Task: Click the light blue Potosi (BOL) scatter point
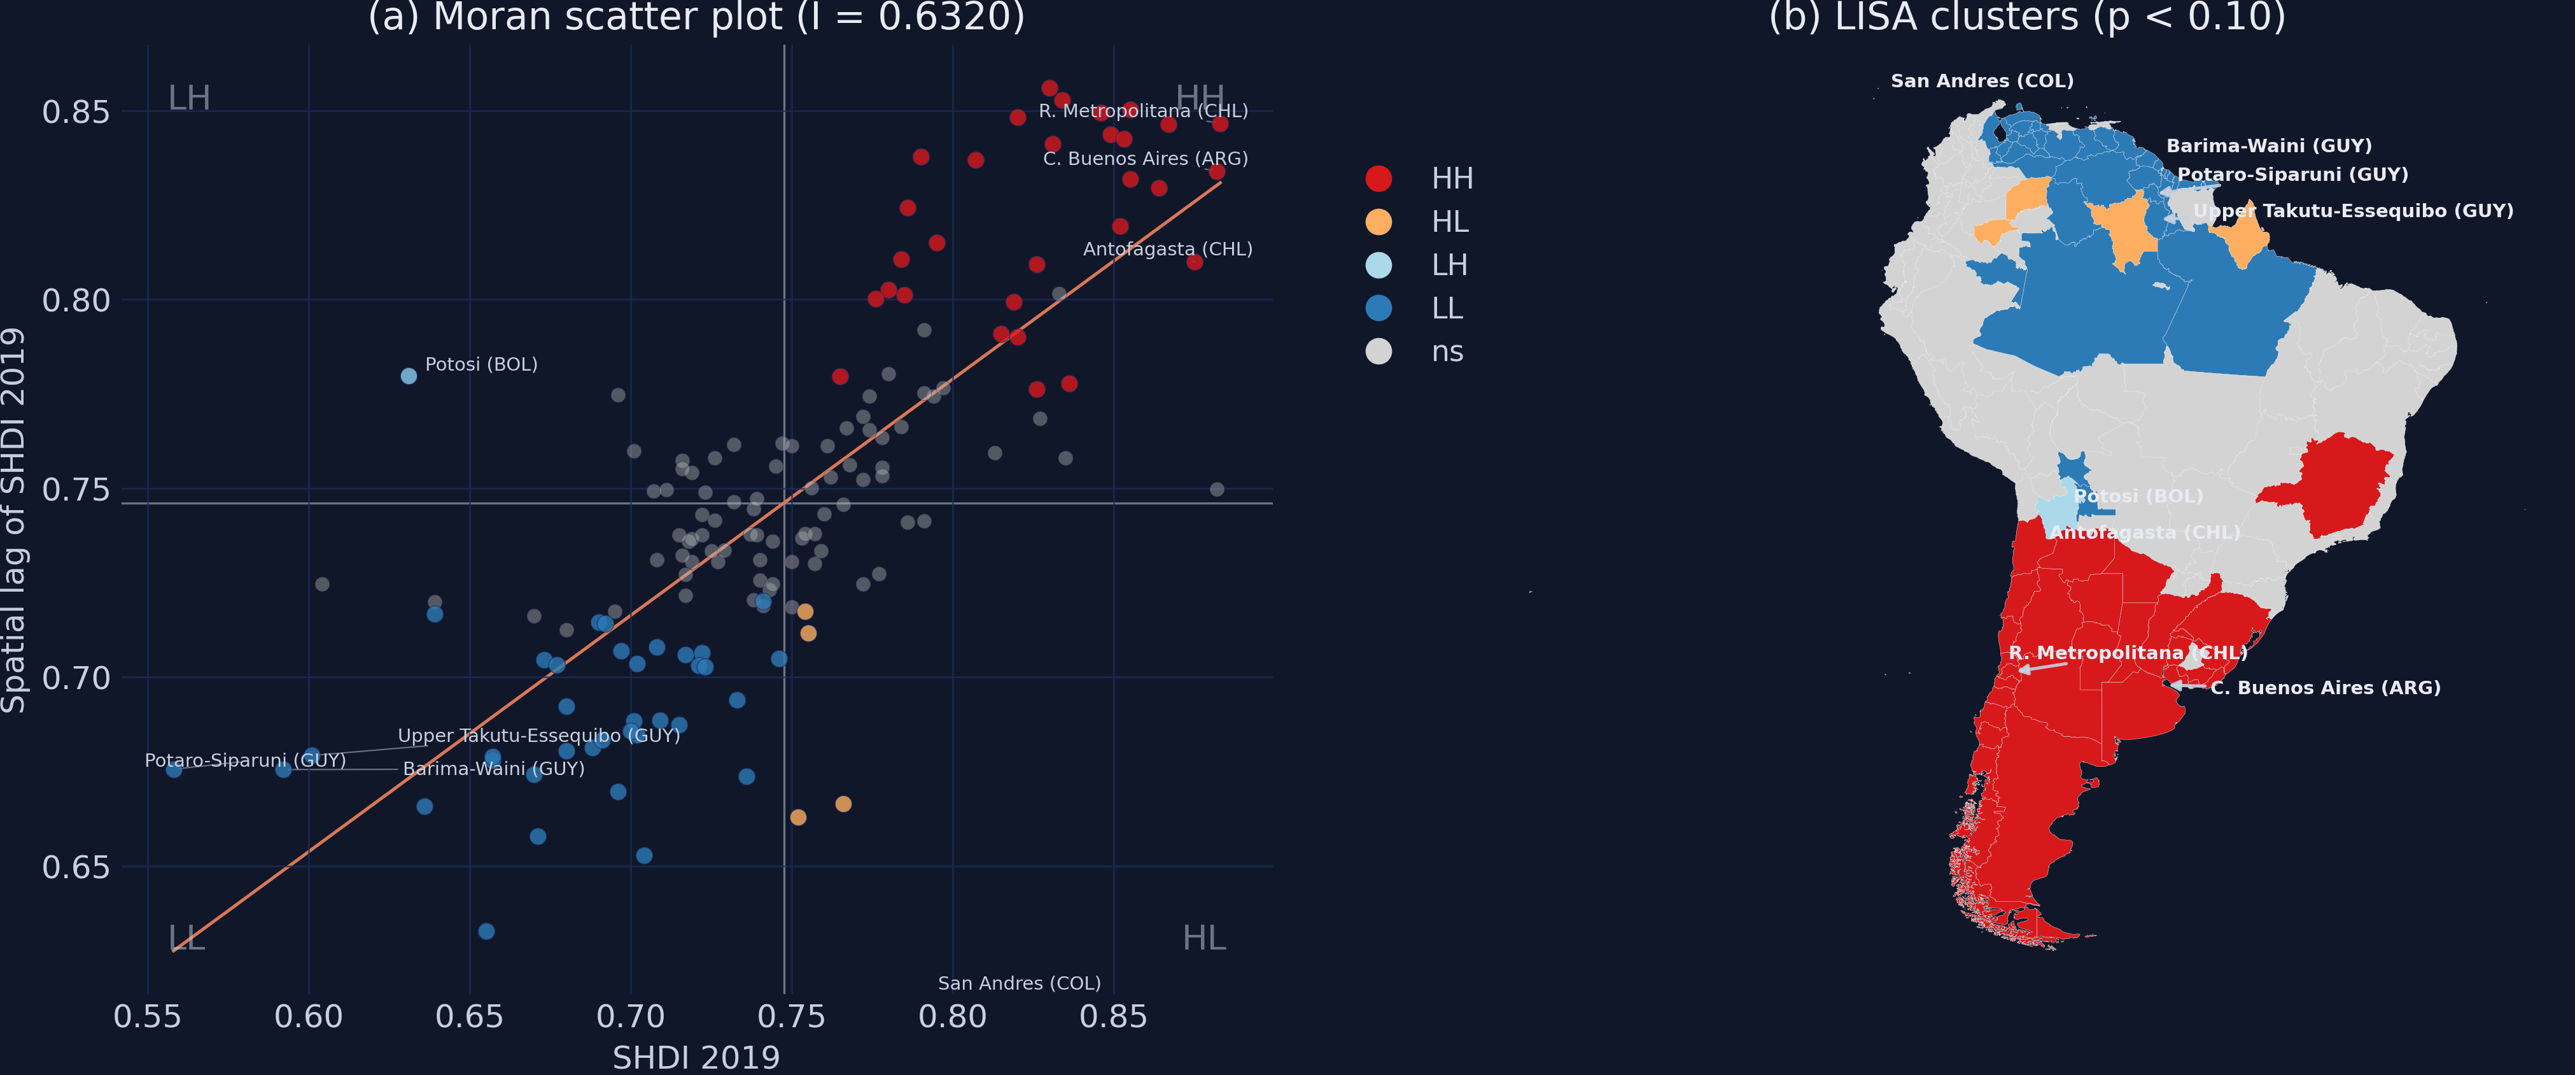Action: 409,376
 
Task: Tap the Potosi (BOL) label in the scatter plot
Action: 481,365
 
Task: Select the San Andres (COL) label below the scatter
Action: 1018,984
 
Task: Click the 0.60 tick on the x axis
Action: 309,1017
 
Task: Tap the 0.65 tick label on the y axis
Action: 76,867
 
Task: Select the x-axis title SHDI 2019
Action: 696,1057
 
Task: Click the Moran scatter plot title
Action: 696,18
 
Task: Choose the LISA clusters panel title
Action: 2027,18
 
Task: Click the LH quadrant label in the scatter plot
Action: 189,98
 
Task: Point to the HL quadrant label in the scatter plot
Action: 1203,938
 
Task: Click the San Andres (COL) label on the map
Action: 1981,81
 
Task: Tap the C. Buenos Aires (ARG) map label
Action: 2325,688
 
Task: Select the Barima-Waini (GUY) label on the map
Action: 2268,146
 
